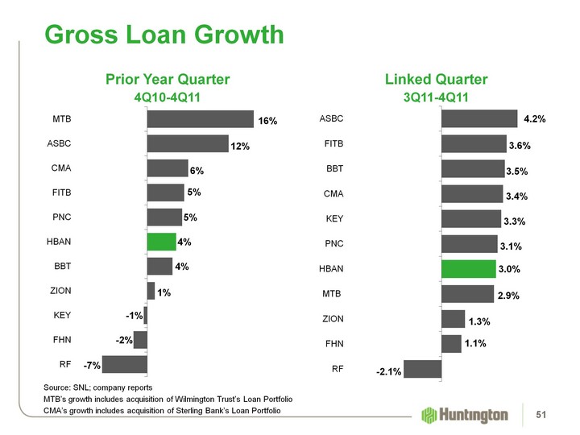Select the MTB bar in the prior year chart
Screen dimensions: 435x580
pos(200,119)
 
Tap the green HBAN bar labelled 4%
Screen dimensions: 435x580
pos(161,242)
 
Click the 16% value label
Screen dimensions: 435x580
pos(267,122)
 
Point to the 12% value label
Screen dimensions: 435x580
pos(240,147)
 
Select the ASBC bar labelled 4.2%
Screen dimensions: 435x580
pos(479,118)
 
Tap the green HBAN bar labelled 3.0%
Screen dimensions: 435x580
pos(468,269)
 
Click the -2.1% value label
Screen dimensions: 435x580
pos(387,372)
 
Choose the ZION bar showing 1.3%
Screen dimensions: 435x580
pos(454,319)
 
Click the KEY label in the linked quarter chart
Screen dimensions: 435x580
pos(334,218)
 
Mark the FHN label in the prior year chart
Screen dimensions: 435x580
pos(61,340)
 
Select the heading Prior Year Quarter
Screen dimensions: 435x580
pos(168,79)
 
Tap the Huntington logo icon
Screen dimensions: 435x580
pos(429,415)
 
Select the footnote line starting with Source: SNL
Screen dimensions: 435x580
pos(97,388)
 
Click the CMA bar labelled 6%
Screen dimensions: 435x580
pos(168,169)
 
